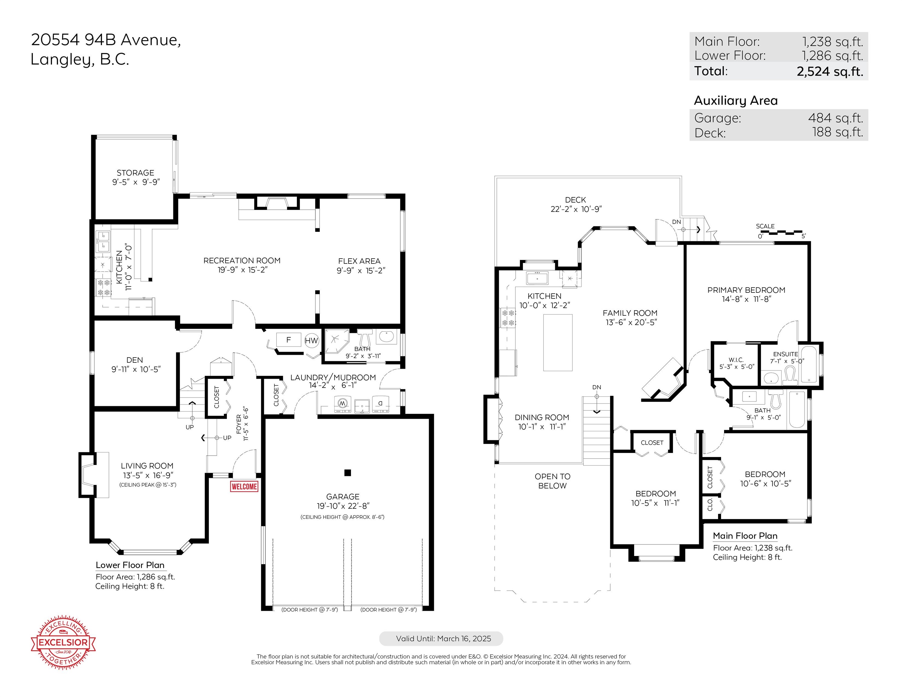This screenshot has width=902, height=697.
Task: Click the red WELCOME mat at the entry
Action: pos(244,486)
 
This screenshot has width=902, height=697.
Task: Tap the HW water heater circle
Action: pos(311,341)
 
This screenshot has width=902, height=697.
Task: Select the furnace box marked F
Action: pos(289,340)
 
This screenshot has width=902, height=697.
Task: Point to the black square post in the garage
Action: pos(348,473)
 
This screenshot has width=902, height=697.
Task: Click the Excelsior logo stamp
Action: pos(64,642)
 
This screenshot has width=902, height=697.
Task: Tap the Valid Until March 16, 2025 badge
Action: pos(441,638)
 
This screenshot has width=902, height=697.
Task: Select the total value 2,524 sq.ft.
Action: pos(830,71)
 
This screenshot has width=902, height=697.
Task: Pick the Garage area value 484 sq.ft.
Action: pos(835,118)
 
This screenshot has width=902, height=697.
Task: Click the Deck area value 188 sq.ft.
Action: pos(838,132)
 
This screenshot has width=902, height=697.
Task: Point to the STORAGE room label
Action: pos(136,173)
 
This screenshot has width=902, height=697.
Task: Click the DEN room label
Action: pos(135,360)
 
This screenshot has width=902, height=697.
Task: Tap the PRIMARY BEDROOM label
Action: pos(746,290)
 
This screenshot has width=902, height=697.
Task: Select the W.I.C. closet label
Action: pos(736,360)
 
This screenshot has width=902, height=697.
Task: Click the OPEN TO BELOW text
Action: pos(553,481)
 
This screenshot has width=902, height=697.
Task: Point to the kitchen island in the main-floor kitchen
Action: pos(558,343)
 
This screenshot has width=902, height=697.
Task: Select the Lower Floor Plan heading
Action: pos(130,565)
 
